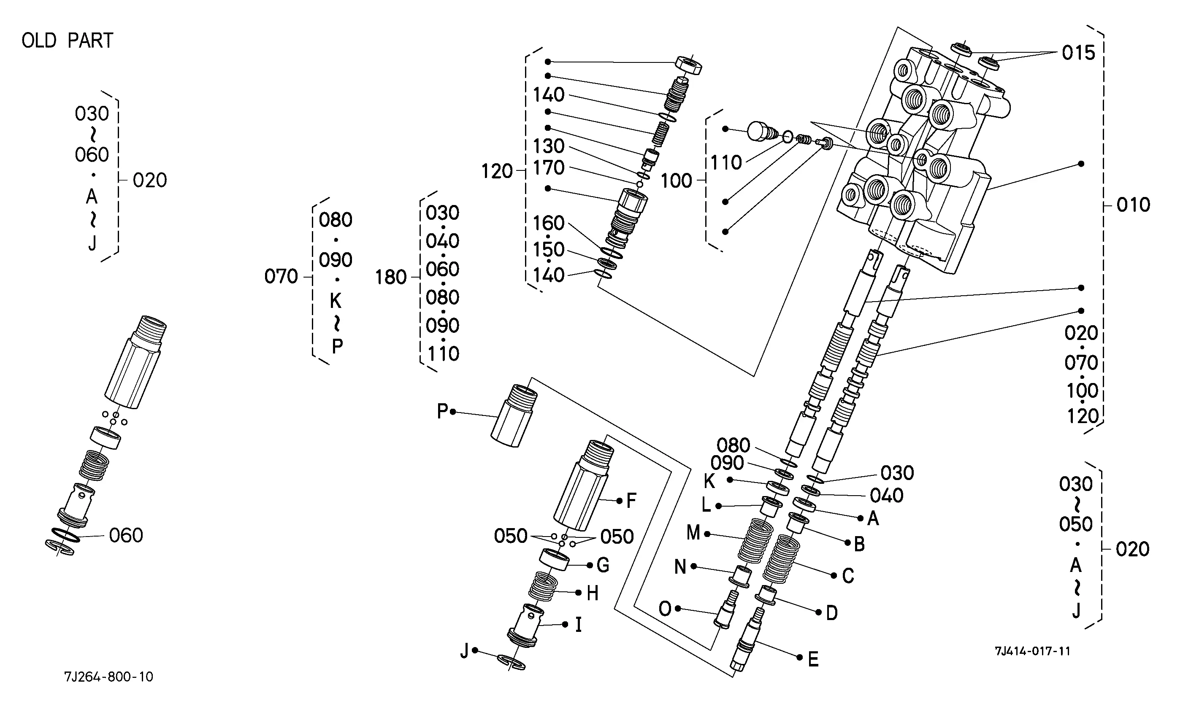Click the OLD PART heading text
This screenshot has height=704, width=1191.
[68, 40]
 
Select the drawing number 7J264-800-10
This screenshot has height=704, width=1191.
[108, 677]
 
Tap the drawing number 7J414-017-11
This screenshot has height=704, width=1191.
[1032, 651]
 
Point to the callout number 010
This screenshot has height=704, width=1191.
[1134, 205]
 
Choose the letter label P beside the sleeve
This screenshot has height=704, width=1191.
[442, 411]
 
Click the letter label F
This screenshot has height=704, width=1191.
[631, 501]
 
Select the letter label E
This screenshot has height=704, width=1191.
[813, 659]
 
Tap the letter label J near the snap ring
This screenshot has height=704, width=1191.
[465, 651]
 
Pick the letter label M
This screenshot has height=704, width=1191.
[693, 533]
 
